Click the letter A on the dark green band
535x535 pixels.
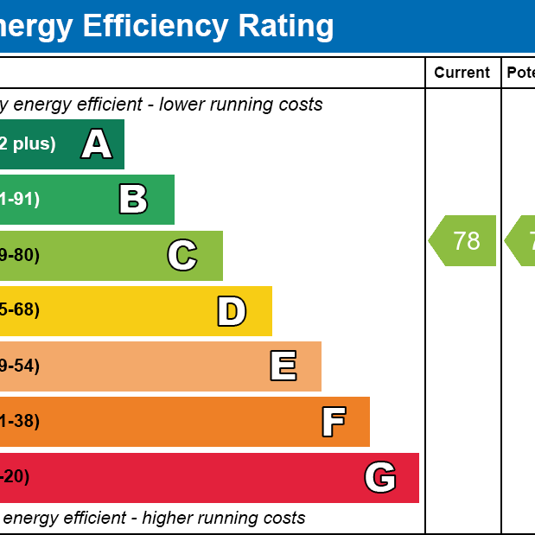point(97,144)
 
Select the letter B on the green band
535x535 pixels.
point(133,200)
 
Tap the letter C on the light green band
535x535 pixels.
point(182,256)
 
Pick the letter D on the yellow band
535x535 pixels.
point(232,311)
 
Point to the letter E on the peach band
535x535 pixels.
point(283,366)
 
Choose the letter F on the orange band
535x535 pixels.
point(334,422)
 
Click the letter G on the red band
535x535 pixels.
point(380,477)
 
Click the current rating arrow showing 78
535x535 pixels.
point(463,240)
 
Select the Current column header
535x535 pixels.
point(462,73)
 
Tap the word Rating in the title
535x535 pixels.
point(286,26)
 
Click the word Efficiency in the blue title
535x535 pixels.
point(155,26)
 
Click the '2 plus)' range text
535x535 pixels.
point(27,144)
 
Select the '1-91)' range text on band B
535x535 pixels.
point(20,200)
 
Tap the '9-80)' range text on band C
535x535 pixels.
point(20,256)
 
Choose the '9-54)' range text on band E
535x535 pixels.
point(20,366)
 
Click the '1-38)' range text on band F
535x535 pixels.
point(20,422)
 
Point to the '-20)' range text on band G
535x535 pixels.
point(15,477)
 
